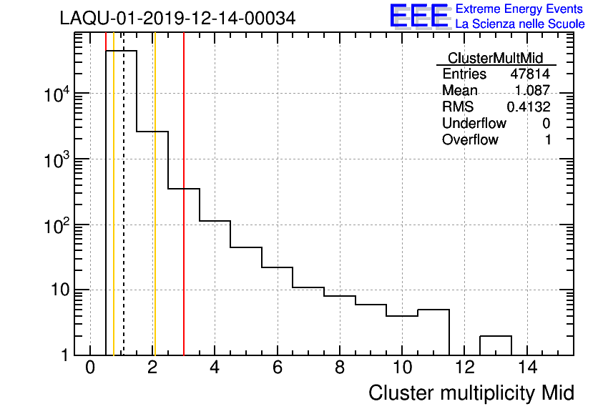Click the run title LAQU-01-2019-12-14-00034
[x=177, y=19]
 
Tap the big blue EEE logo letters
[x=419, y=16]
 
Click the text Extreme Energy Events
[x=520, y=9]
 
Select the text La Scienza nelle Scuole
[x=520, y=24]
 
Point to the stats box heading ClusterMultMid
[x=495, y=58]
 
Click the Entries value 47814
[x=530, y=74]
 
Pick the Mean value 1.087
[x=532, y=91]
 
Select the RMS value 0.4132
[x=529, y=107]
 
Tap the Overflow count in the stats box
[x=548, y=140]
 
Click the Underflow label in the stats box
[x=474, y=124]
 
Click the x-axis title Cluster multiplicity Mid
[x=471, y=393]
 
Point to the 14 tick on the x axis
[x=527, y=369]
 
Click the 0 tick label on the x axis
[x=90, y=369]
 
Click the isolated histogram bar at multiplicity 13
[x=495, y=345]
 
